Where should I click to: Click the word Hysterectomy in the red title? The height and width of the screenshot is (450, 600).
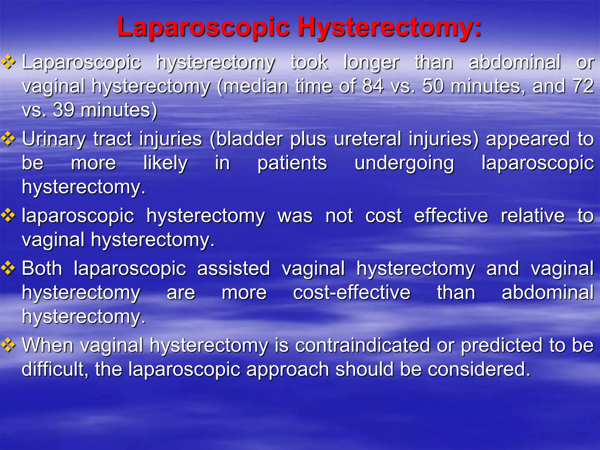(x=390, y=27)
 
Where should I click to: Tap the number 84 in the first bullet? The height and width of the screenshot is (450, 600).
(x=373, y=86)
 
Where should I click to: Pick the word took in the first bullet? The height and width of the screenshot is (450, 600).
(x=309, y=62)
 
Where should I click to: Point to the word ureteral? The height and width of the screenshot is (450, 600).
(x=367, y=139)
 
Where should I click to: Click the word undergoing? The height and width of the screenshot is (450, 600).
(x=404, y=163)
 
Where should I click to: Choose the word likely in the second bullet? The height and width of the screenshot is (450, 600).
(x=165, y=163)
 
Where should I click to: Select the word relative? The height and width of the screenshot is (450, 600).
(x=532, y=216)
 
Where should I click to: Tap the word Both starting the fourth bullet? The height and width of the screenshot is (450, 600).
(x=42, y=269)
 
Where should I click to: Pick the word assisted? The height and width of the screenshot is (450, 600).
(x=233, y=269)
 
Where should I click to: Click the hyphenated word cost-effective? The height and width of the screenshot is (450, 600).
(x=352, y=293)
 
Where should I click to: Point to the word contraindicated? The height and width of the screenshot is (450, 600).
(x=363, y=345)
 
